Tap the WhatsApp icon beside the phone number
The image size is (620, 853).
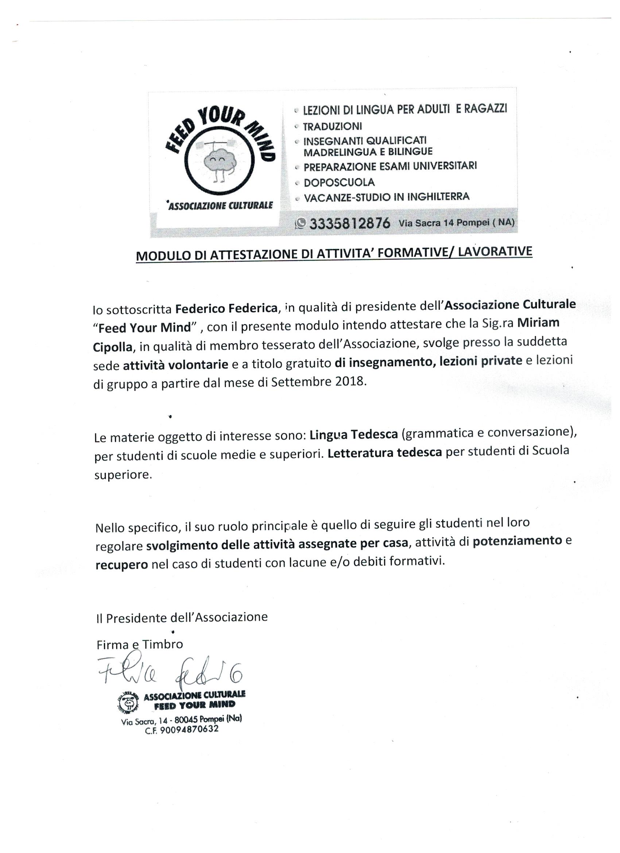[x=301, y=223]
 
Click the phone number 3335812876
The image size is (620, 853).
[x=349, y=223]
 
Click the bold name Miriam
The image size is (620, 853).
[x=538, y=323]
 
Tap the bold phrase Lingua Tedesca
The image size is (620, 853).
[x=354, y=435]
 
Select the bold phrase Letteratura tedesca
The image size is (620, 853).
[x=384, y=452]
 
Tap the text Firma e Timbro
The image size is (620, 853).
[x=139, y=644]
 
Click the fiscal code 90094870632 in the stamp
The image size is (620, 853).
[x=192, y=730]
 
